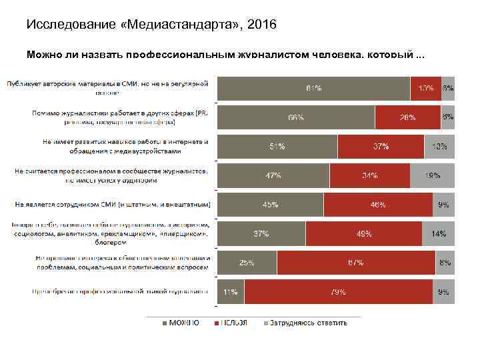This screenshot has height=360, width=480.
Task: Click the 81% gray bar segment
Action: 313,88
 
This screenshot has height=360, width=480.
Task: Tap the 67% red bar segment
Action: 355,263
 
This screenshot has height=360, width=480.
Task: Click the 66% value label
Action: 296,117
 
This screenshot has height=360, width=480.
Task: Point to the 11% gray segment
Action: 231,292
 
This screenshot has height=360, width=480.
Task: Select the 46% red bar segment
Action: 378,205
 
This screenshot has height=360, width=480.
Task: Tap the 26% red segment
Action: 407,117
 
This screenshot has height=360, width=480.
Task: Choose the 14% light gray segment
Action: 438,234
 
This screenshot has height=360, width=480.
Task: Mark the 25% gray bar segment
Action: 247,263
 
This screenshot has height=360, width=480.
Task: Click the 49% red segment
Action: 363,234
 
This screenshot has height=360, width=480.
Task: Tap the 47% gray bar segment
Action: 273,175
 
